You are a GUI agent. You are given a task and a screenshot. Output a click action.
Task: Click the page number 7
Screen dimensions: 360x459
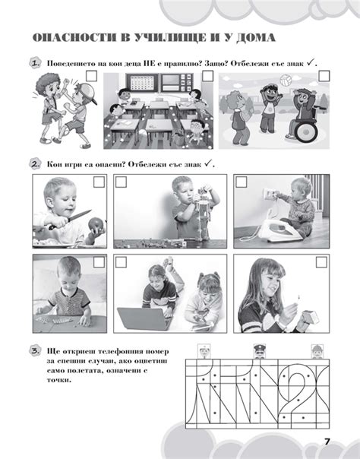pyautogui.click(x=327, y=442)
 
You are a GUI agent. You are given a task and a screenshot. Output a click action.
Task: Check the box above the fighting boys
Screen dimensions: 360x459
pyautogui.click(x=92, y=76)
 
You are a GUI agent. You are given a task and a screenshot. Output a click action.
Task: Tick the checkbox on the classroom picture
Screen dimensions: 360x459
pyautogui.click(x=207, y=76)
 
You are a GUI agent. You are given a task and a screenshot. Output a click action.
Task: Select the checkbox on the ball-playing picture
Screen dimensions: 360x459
pyautogui.click(x=324, y=76)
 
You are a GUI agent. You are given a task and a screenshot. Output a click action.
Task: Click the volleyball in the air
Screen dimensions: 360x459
pyautogui.click(x=285, y=81)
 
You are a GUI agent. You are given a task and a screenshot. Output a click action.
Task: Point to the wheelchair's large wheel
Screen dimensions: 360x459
pyautogui.click(x=305, y=131)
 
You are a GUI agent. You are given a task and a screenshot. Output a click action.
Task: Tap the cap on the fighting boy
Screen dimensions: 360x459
pyautogui.click(x=87, y=92)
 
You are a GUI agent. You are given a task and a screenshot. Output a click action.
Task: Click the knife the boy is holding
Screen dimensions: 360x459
pyautogui.click(x=70, y=220)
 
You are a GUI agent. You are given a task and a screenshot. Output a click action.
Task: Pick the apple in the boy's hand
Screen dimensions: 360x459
pyautogui.click(x=96, y=225)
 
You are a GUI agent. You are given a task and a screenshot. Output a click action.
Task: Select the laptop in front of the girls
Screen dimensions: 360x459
pyautogui.click(x=144, y=318)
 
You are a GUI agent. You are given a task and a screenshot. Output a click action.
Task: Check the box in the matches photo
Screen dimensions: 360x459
pyautogui.click(x=321, y=262)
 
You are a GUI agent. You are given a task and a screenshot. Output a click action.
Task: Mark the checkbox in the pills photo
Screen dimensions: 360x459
pyautogui.click(x=99, y=262)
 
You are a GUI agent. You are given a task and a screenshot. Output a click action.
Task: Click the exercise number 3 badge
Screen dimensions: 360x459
pyautogui.click(x=35, y=351)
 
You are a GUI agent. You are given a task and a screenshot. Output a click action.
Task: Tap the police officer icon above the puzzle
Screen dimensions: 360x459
pyautogui.click(x=260, y=351)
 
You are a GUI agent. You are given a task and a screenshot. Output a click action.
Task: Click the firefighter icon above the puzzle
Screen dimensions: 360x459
pyautogui.click(x=317, y=351)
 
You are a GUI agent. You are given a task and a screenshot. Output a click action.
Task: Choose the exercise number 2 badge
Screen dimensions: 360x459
pyautogui.click(x=35, y=164)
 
